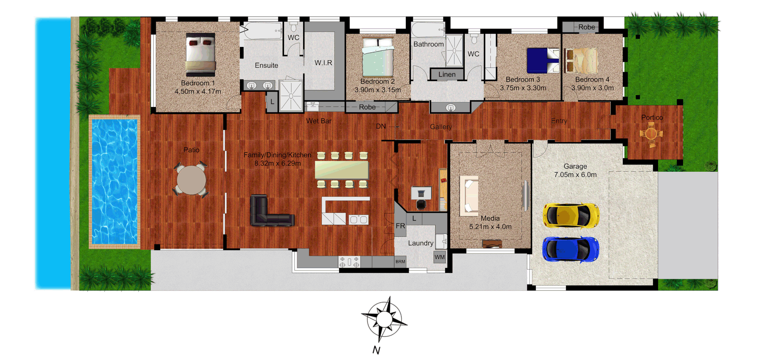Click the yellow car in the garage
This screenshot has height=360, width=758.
(571, 216)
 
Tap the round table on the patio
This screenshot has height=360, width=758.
(191, 180)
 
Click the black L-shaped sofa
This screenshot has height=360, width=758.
(268, 213)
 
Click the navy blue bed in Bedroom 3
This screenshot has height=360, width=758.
(543, 60)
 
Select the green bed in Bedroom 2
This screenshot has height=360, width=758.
(378, 57)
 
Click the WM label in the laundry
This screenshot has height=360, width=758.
(439, 257)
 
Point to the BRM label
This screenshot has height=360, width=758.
(400, 262)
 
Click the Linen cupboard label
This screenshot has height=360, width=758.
(447, 74)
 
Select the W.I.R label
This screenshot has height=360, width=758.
(323, 63)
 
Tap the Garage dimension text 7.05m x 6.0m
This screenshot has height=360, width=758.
(575, 174)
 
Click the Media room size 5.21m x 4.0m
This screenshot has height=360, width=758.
(490, 227)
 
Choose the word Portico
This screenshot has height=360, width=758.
(652, 117)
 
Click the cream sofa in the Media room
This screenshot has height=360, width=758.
(469, 196)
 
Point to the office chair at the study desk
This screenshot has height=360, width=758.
(421, 204)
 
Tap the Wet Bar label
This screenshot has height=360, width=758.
(319, 121)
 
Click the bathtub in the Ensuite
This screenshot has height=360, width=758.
(262, 31)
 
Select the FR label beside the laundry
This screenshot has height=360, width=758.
(400, 226)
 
